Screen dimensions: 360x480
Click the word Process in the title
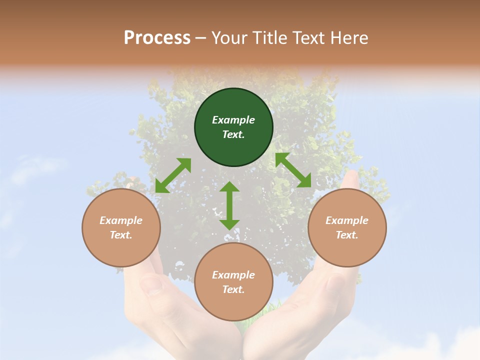coord(157,38)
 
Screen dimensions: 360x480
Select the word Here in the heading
coord(348,38)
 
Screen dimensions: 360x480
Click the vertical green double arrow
coord(229,205)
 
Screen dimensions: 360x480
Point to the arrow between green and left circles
coord(173,175)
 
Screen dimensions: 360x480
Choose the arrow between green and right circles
coord(293,170)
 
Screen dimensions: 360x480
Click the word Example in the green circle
coord(233,120)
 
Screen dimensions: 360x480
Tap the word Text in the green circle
coord(233,134)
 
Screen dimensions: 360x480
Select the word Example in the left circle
coord(121,220)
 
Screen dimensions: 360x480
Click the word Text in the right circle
coord(347,235)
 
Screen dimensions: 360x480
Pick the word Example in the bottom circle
coord(233,275)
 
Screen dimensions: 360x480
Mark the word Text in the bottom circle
coord(233,289)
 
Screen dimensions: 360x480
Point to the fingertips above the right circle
coord(352,179)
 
